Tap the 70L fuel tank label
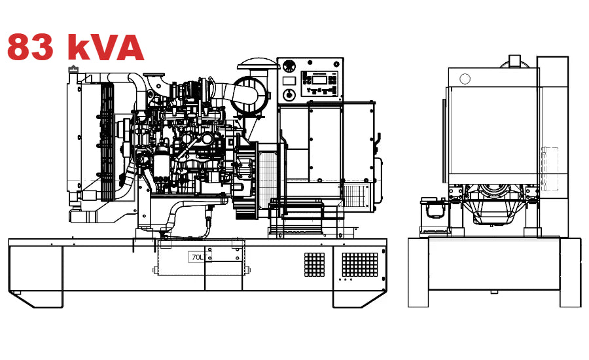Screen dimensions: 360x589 pyautogui.click(x=196, y=257)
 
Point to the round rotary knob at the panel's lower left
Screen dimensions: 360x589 pyautogui.click(x=285, y=96)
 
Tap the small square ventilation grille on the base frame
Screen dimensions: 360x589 pyautogui.click(x=314, y=263)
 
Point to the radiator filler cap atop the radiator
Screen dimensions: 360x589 pyautogui.click(x=73, y=67)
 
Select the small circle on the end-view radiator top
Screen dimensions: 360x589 pyautogui.click(x=465, y=79)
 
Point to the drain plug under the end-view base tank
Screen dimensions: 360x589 pyautogui.click(x=493, y=292)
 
